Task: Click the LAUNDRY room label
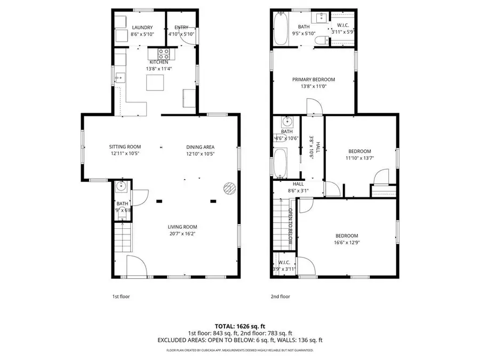click(x=142, y=28)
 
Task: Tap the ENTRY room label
click(x=181, y=28)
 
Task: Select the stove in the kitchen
click(x=164, y=53)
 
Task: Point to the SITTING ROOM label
click(x=125, y=147)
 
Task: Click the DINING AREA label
click(x=200, y=147)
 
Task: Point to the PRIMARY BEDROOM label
click(x=313, y=79)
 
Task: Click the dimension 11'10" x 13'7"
click(x=359, y=158)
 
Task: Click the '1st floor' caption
click(x=121, y=297)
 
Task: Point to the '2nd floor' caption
click(x=281, y=297)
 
